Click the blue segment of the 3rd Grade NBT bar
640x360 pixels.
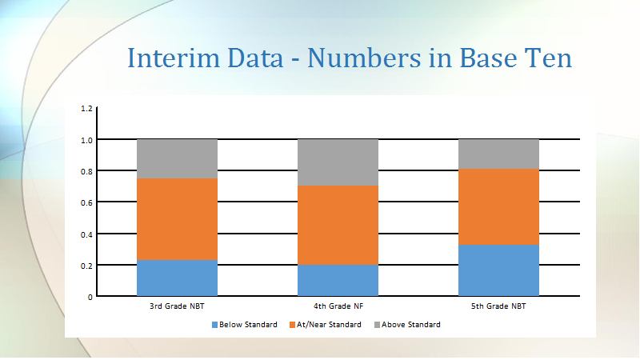coord(177,278)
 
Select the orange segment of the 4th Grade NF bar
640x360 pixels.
coord(338,226)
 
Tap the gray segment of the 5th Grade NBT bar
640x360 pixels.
coord(498,154)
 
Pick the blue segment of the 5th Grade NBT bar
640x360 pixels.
coord(498,270)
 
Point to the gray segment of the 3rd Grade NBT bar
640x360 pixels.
coord(177,159)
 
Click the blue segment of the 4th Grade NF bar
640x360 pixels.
coord(338,280)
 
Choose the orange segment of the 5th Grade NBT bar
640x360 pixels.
coord(498,207)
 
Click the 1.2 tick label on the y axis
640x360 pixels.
coord(86,109)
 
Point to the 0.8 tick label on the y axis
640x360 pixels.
coord(86,171)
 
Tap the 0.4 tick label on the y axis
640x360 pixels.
coord(86,234)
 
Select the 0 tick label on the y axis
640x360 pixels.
coord(90,297)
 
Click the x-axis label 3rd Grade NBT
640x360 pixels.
coord(177,306)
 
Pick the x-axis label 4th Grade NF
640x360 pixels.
coord(338,306)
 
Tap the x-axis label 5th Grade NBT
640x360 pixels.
coord(498,306)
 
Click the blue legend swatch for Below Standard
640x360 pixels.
coord(214,325)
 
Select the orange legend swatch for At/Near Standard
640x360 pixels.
coord(292,325)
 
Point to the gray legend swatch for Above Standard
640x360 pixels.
coord(377,325)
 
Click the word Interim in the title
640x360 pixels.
coord(174,58)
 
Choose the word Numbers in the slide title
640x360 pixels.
coord(364,58)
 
